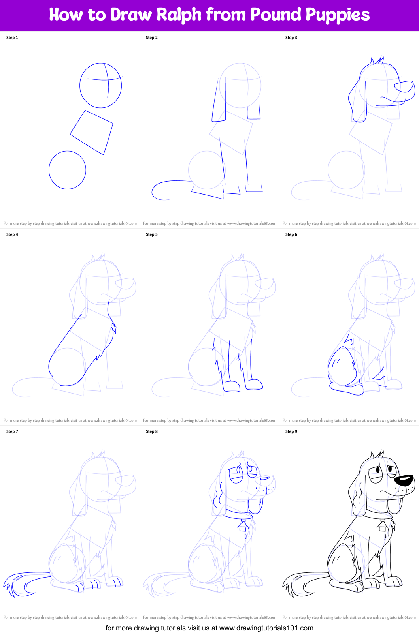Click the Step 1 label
point(12,38)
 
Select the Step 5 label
point(152,234)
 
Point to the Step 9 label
point(291,431)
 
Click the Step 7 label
point(12,431)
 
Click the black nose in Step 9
point(404,480)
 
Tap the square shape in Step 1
point(92,132)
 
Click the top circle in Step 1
point(100,85)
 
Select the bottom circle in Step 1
point(67,170)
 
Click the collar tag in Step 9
point(382,526)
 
